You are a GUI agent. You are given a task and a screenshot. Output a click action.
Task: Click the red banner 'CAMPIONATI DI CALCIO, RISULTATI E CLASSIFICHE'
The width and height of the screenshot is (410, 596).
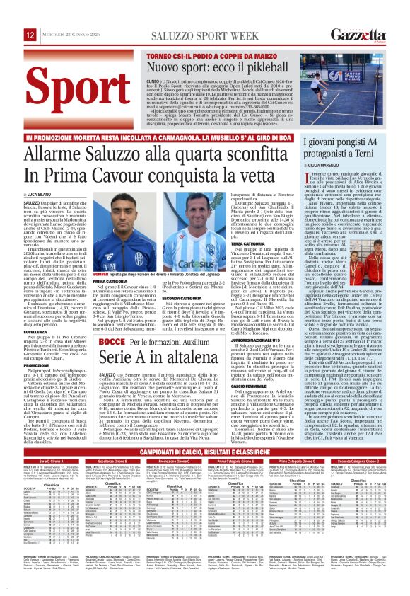coord(204,471)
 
